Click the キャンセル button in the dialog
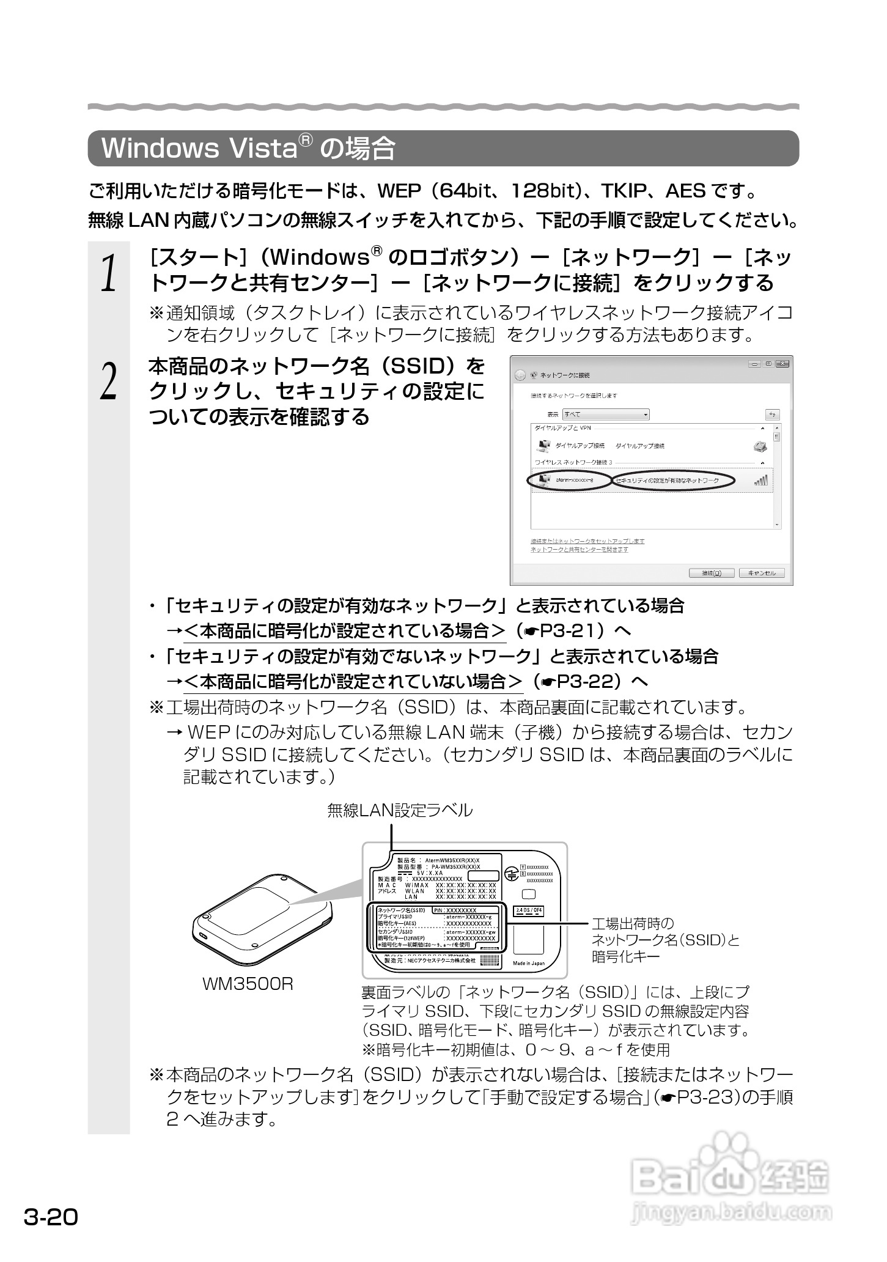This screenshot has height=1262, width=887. coord(761,573)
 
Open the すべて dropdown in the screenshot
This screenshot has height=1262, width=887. coord(606,415)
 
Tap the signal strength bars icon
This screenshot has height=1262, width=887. coord(761,481)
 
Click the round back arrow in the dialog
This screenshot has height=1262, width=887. coord(520,375)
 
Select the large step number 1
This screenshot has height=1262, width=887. coord(109,273)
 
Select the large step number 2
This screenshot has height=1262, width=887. coord(109,382)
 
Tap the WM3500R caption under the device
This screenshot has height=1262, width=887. coord(248,984)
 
